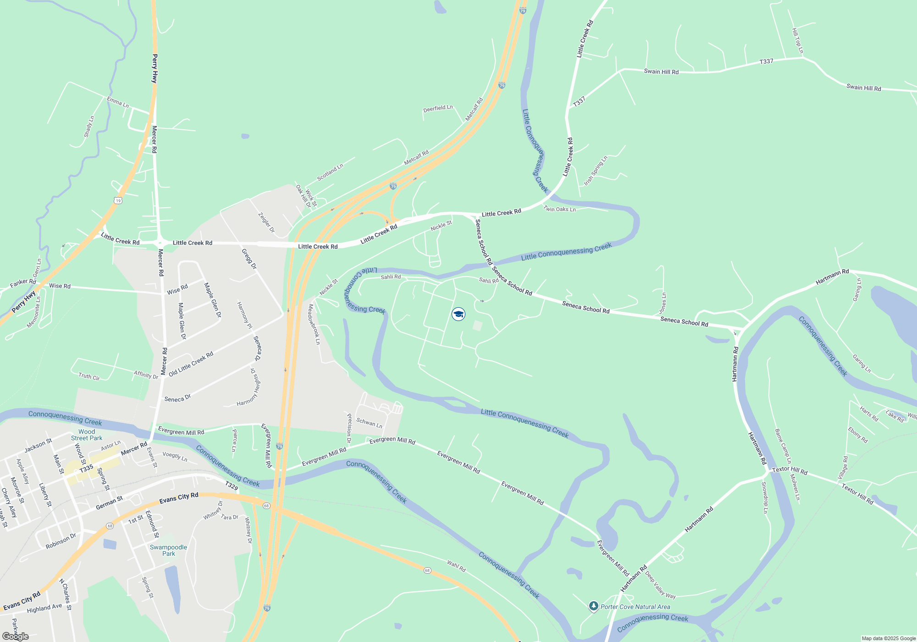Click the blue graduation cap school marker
[458, 314]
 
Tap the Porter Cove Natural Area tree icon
[594, 606]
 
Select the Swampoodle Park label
[168, 550]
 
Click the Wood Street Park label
[87, 435]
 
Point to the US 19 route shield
[118, 200]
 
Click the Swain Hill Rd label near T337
[661, 72]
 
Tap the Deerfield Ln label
[438, 109]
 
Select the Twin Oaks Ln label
[559, 209]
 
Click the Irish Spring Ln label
[596, 171]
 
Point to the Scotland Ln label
[330, 172]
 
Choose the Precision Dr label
[349, 428]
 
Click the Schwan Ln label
[369, 422]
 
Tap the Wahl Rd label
[456, 566]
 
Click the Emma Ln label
[118, 102]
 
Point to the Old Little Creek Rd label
[191, 364]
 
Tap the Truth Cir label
[89, 376]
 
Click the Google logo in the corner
[16, 636]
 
